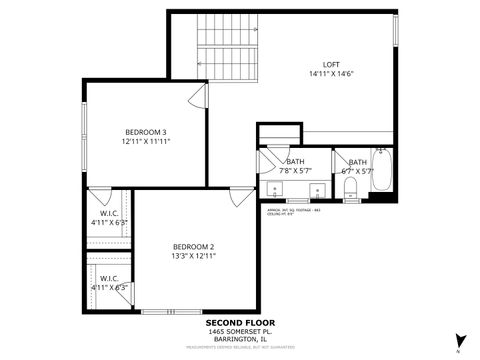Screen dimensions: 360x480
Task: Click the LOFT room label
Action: pyautogui.click(x=330, y=64)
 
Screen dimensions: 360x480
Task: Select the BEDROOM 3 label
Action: pyautogui.click(x=145, y=131)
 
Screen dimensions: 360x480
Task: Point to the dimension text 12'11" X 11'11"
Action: pyautogui.click(x=145, y=142)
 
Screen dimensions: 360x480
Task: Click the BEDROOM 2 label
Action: pyautogui.click(x=193, y=246)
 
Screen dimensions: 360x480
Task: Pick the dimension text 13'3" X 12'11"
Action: pyautogui.click(x=193, y=256)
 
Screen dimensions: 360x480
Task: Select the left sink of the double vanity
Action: pyautogui.click(x=275, y=192)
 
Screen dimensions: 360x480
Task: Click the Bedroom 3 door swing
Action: pyautogui.click(x=198, y=97)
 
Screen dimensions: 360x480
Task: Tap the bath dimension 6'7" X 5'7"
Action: pyautogui.click(x=357, y=171)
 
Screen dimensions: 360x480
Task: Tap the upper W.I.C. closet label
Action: pyautogui.click(x=109, y=216)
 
